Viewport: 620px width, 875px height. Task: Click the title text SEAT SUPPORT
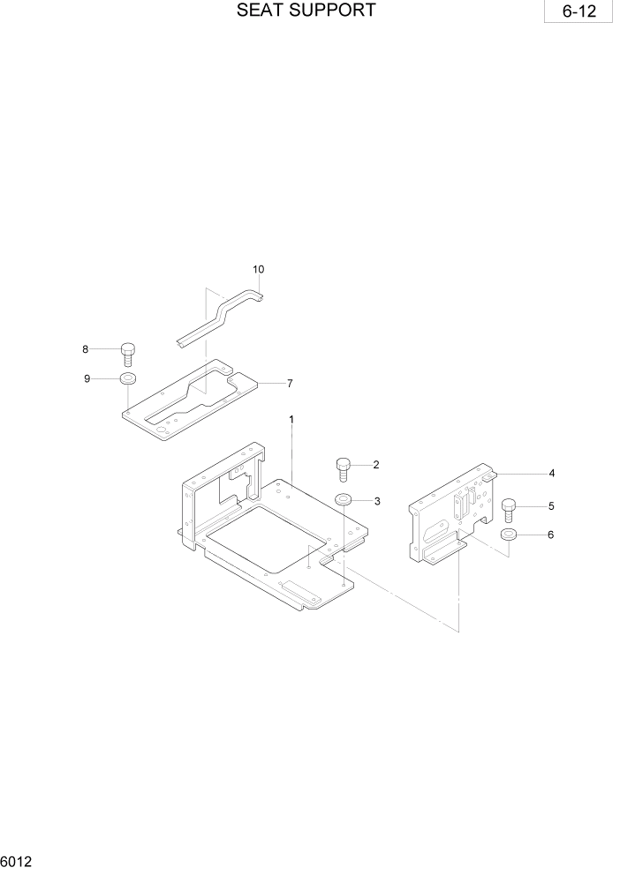tap(306, 11)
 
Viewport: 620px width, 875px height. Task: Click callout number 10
tap(259, 269)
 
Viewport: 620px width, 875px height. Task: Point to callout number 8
tap(86, 349)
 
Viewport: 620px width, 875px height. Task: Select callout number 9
tap(87, 379)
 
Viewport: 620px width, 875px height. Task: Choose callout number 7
tap(289, 384)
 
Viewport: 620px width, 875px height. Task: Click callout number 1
tap(291, 419)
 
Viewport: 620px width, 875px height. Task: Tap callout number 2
tap(376, 464)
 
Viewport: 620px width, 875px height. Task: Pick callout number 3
tap(377, 501)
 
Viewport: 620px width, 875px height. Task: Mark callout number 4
tap(551, 474)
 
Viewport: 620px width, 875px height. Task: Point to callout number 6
tap(551, 535)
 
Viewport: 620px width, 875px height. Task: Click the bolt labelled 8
tap(127, 353)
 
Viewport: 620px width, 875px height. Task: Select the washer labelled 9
tap(127, 379)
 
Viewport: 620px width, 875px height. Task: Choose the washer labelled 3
tap(344, 501)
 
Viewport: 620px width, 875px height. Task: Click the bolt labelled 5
tap(510, 509)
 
